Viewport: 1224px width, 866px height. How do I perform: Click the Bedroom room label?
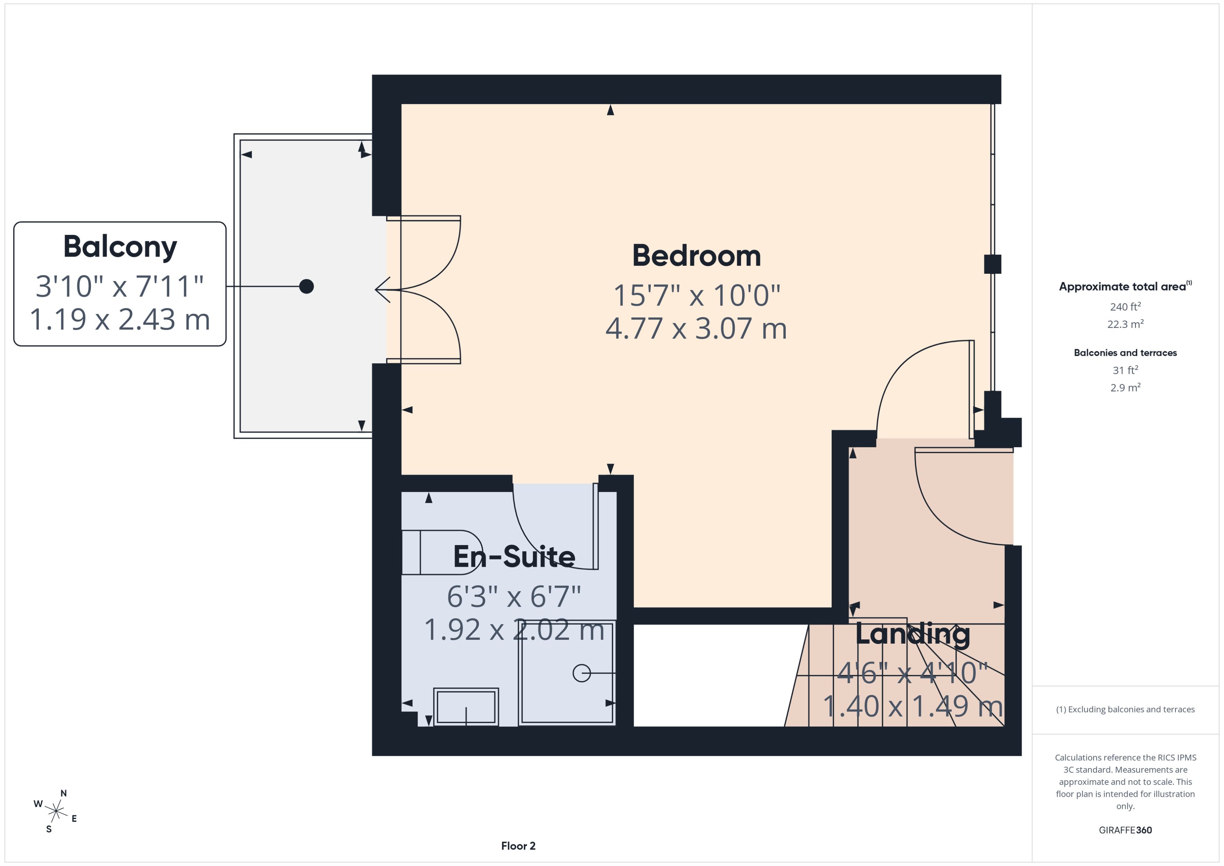click(x=696, y=256)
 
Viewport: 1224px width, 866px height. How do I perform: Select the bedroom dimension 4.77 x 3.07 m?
click(x=696, y=329)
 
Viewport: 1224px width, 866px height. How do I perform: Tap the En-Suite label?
click(x=514, y=557)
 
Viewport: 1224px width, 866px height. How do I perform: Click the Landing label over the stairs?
click(x=912, y=634)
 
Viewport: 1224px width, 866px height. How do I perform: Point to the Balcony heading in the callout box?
click(x=120, y=247)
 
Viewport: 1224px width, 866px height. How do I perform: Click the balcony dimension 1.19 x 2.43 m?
click(x=120, y=320)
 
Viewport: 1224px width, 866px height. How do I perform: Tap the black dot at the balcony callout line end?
click(x=306, y=286)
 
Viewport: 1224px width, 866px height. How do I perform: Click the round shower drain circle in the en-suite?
click(x=581, y=673)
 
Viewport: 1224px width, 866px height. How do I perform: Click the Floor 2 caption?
click(x=518, y=846)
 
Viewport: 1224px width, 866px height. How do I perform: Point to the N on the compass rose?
click(x=63, y=793)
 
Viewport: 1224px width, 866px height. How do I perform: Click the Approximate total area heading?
click(x=1123, y=286)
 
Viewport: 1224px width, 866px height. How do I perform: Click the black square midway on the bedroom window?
click(x=992, y=264)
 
